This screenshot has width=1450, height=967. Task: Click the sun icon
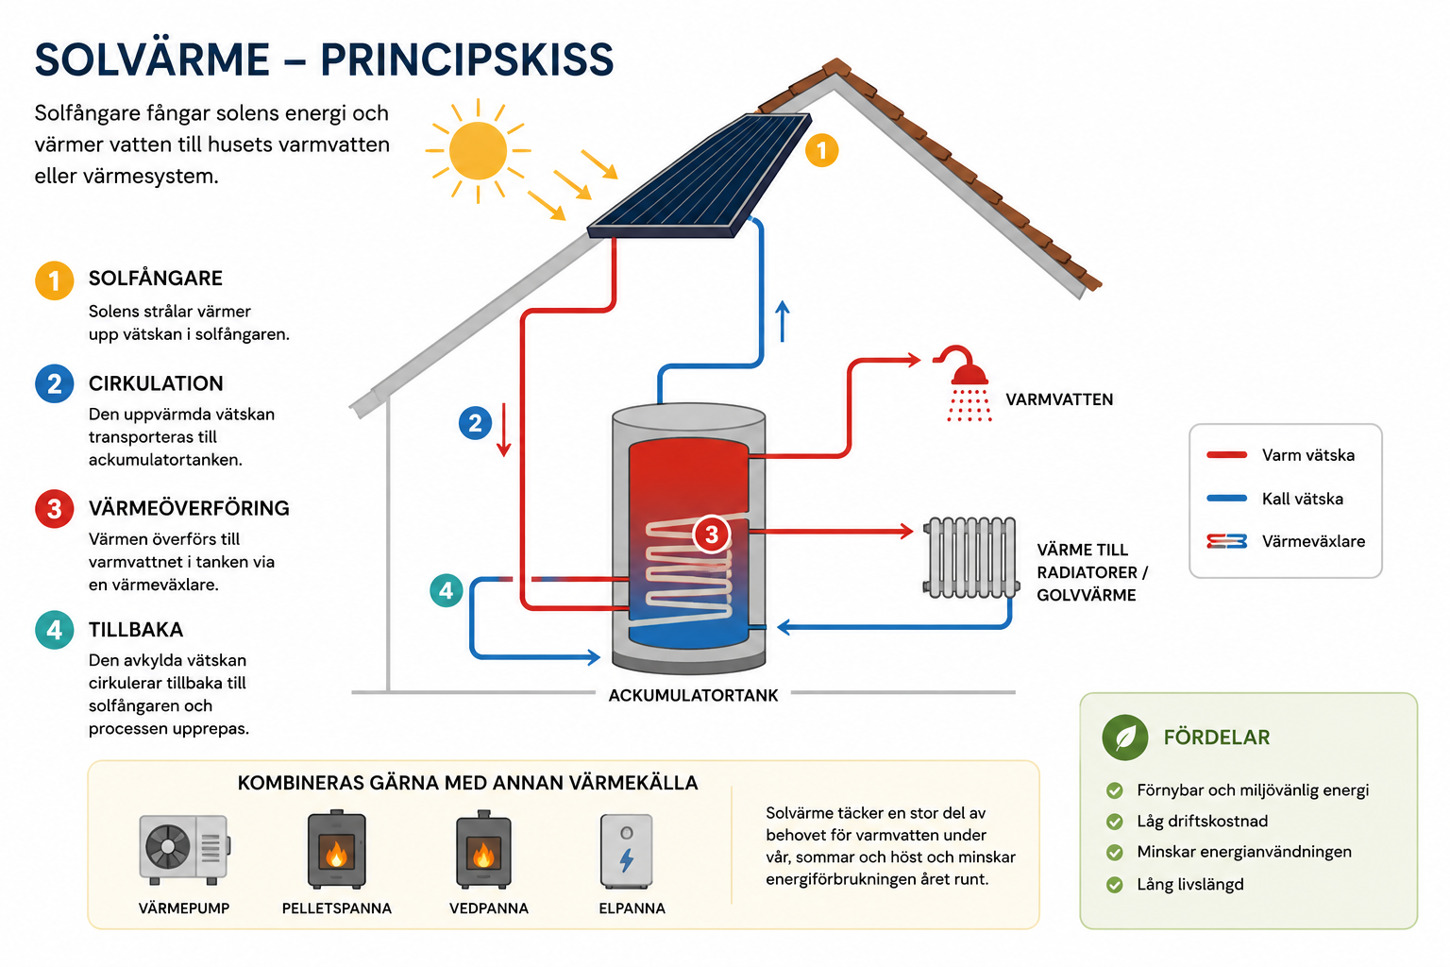click(x=478, y=151)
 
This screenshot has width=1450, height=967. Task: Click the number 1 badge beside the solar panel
click(x=821, y=151)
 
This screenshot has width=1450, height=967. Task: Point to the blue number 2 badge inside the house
click(x=475, y=423)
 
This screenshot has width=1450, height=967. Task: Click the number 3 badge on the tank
click(x=712, y=534)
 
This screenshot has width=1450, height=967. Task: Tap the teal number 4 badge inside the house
click(x=446, y=591)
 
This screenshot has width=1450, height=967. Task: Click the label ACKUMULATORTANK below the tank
click(x=693, y=696)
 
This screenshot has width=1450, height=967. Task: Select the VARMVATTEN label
click(x=1059, y=399)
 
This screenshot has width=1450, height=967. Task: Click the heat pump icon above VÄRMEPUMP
click(x=184, y=849)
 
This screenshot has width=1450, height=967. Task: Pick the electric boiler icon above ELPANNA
click(x=626, y=851)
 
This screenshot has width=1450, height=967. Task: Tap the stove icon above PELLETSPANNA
click(x=337, y=848)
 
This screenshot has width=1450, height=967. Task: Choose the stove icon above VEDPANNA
click(x=483, y=848)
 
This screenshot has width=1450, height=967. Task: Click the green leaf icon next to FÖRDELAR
click(x=1125, y=738)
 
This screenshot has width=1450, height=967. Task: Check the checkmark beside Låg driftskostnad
click(x=1114, y=822)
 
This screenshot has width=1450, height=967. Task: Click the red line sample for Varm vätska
click(x=1226, y=454)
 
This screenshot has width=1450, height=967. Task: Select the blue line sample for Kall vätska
click(x=1226, y=498)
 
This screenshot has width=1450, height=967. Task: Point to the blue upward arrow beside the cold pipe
click(x=783, y=321)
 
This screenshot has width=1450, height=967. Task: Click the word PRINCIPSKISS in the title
click(x=466, y=59)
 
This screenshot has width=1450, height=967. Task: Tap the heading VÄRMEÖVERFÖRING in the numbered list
click(x=189, y=508)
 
